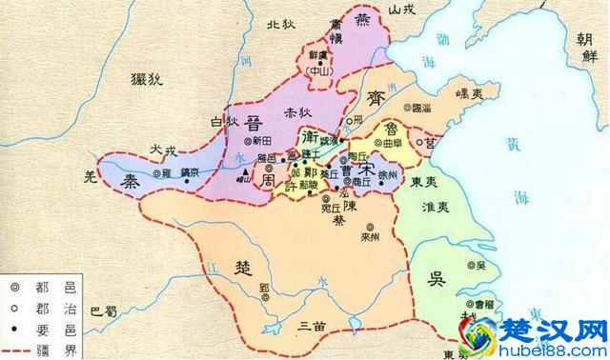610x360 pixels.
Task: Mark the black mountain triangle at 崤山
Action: [246, 172]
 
